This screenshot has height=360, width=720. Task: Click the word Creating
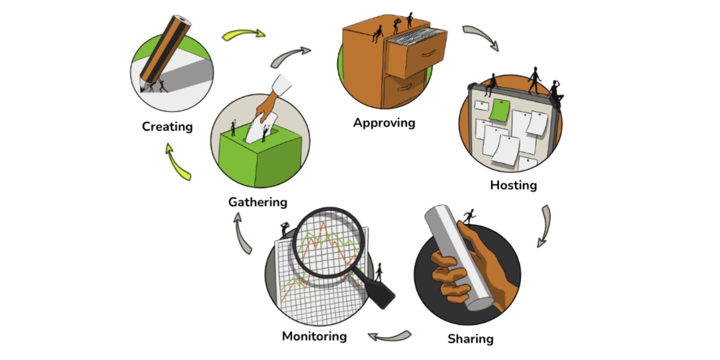[x=167, y=126]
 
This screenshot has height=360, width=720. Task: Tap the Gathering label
[x=258, y=202]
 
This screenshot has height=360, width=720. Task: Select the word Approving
[x=384, y=123]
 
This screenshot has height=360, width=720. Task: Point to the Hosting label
[x=513, y=185]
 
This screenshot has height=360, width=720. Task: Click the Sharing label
[x=471, y=339]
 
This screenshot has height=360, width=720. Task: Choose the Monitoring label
[x=315, y=336]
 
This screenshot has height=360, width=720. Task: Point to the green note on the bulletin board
[x=499, y=110]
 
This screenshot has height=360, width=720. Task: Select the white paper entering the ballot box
[x=261, y=127]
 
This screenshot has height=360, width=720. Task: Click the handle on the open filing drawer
[x=428, y=54]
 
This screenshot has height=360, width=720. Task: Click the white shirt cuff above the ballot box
[x=282, y=85]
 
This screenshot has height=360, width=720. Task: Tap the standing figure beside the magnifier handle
[x=379, y=272]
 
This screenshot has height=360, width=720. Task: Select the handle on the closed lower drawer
[x=405, y=87]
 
